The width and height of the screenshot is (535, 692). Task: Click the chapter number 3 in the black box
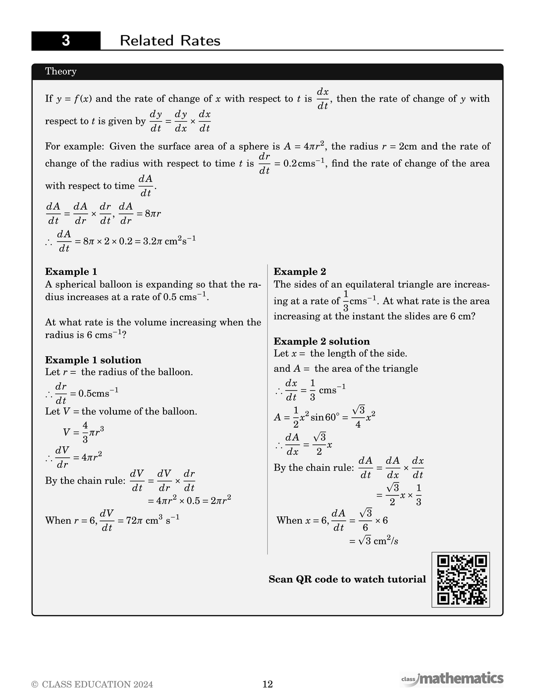click(66, 41)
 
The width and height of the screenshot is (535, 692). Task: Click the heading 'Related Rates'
click(170, 41)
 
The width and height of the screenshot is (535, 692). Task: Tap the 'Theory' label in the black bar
click(61, 71)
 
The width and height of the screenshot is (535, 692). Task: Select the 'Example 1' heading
click(71, 271)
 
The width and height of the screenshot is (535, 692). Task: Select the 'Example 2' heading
click(300, 271)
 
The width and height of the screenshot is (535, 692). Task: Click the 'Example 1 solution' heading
click(93, 360)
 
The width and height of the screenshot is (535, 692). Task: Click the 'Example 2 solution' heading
click(321, 341)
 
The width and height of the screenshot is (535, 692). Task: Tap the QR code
click(461, 580)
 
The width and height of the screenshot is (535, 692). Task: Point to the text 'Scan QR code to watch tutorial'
click(347, 579)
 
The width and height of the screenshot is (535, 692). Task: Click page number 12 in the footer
click(267, 684)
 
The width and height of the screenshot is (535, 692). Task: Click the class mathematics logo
click(452, 679)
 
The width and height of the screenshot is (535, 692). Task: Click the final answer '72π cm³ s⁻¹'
click(148, 521)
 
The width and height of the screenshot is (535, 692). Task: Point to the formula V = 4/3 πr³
click(83, 432)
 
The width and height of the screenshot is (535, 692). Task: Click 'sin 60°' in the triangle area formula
click(324, 417)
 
